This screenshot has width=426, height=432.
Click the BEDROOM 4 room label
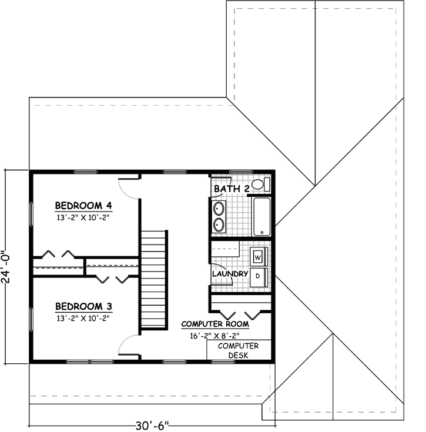click(x=83, y=205)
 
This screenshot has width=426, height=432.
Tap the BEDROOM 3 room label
click(x=83, y=306)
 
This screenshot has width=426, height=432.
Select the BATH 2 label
click(x=232, y=189)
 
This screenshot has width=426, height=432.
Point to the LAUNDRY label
click(x=230, y=273)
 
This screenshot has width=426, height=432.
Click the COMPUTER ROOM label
click(x=214, y=323)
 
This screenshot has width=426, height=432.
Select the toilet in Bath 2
click(x=264, y=184)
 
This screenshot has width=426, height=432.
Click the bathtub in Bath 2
click(x=261, y=217)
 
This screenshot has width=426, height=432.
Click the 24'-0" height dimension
click(x=6, y=267)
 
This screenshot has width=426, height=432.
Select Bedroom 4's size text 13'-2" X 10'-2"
click(x=83, y=217)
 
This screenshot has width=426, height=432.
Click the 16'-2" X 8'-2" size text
click(x=214, y=336)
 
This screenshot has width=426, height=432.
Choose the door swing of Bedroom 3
click(x=129, y=346)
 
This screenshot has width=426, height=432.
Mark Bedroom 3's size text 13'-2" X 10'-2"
click(x=83, y=318)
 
